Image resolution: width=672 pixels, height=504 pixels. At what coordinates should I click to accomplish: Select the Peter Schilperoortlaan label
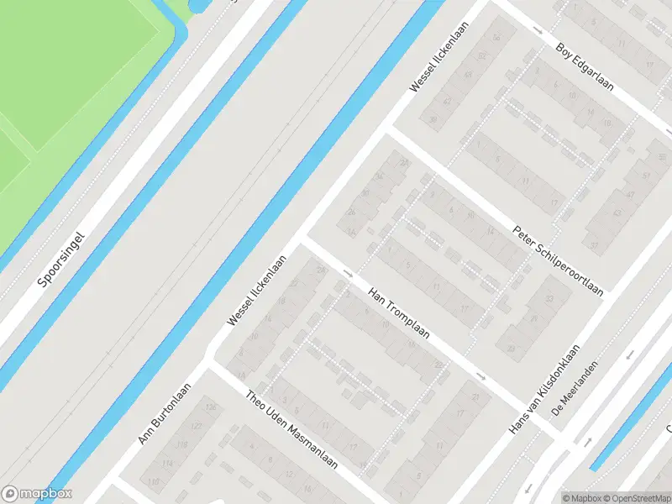pos(559,261)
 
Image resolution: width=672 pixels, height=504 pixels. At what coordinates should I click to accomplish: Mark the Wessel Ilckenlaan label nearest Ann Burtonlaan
pos(256,291)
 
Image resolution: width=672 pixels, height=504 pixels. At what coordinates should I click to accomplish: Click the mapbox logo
pos(37,494)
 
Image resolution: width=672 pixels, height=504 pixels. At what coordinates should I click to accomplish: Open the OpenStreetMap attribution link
pos(638,497)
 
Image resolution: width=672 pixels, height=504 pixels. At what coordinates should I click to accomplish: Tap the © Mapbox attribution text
pos(583,497)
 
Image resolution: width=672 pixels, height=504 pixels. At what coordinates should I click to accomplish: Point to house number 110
pos(154,481)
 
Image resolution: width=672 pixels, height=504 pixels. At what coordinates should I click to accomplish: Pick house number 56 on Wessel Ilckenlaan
pos(496,38)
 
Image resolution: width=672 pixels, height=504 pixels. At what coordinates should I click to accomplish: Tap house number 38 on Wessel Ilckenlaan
pos(433,119)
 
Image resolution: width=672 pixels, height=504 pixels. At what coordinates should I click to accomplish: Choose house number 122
pos(196,427)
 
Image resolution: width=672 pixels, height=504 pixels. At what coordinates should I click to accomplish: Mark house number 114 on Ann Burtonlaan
pos(167,464)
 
